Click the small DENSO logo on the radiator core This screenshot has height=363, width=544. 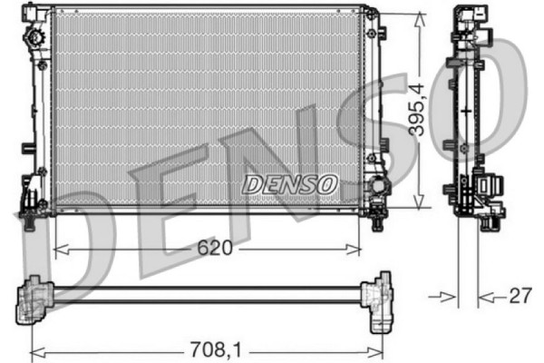point(289,184)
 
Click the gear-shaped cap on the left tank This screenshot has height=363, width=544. point(36,41)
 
